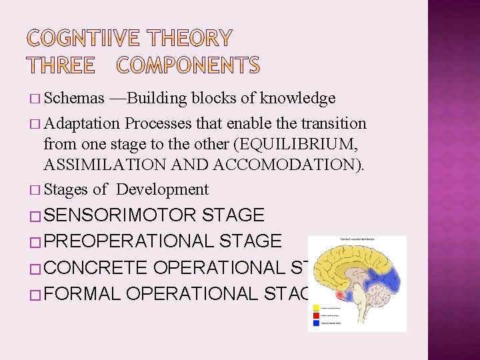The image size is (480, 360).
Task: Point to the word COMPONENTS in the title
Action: point(189,65)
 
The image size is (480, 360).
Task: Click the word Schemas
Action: point(74,99)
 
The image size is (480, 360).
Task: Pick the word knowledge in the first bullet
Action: point(297,99)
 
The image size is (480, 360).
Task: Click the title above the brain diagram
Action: point(357,239)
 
